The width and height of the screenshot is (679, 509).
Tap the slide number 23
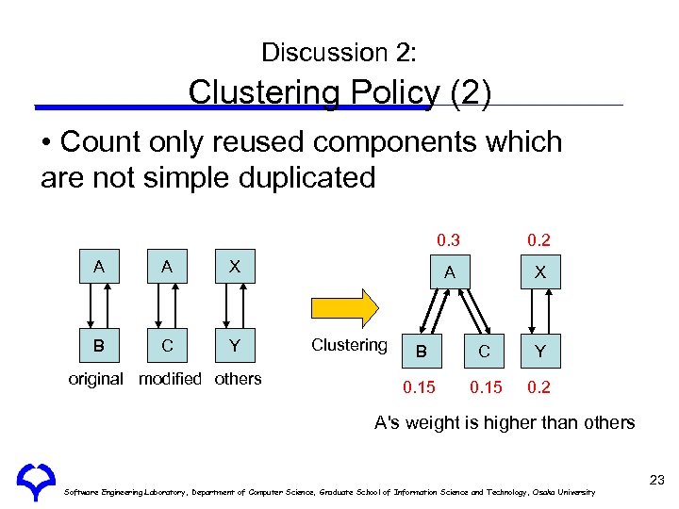coord(656,481)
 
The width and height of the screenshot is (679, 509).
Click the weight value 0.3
coord(447,240)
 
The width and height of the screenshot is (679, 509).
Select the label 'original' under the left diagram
coord(95,379)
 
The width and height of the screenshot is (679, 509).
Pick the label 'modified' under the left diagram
coord(170,379)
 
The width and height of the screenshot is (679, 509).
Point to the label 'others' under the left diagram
coord(238,379)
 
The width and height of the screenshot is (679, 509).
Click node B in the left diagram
coord(98,345)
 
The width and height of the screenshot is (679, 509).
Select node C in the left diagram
coord(167,345)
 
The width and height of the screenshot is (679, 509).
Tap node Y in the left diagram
coord(233,345)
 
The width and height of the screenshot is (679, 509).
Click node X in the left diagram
coord(233,267)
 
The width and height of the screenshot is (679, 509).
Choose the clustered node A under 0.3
coord(450,272)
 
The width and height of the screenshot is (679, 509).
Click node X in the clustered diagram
coord(539,272)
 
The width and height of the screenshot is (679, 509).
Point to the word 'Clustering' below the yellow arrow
coord(349,345)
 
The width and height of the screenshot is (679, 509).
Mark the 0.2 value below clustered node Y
coord(539,386)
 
